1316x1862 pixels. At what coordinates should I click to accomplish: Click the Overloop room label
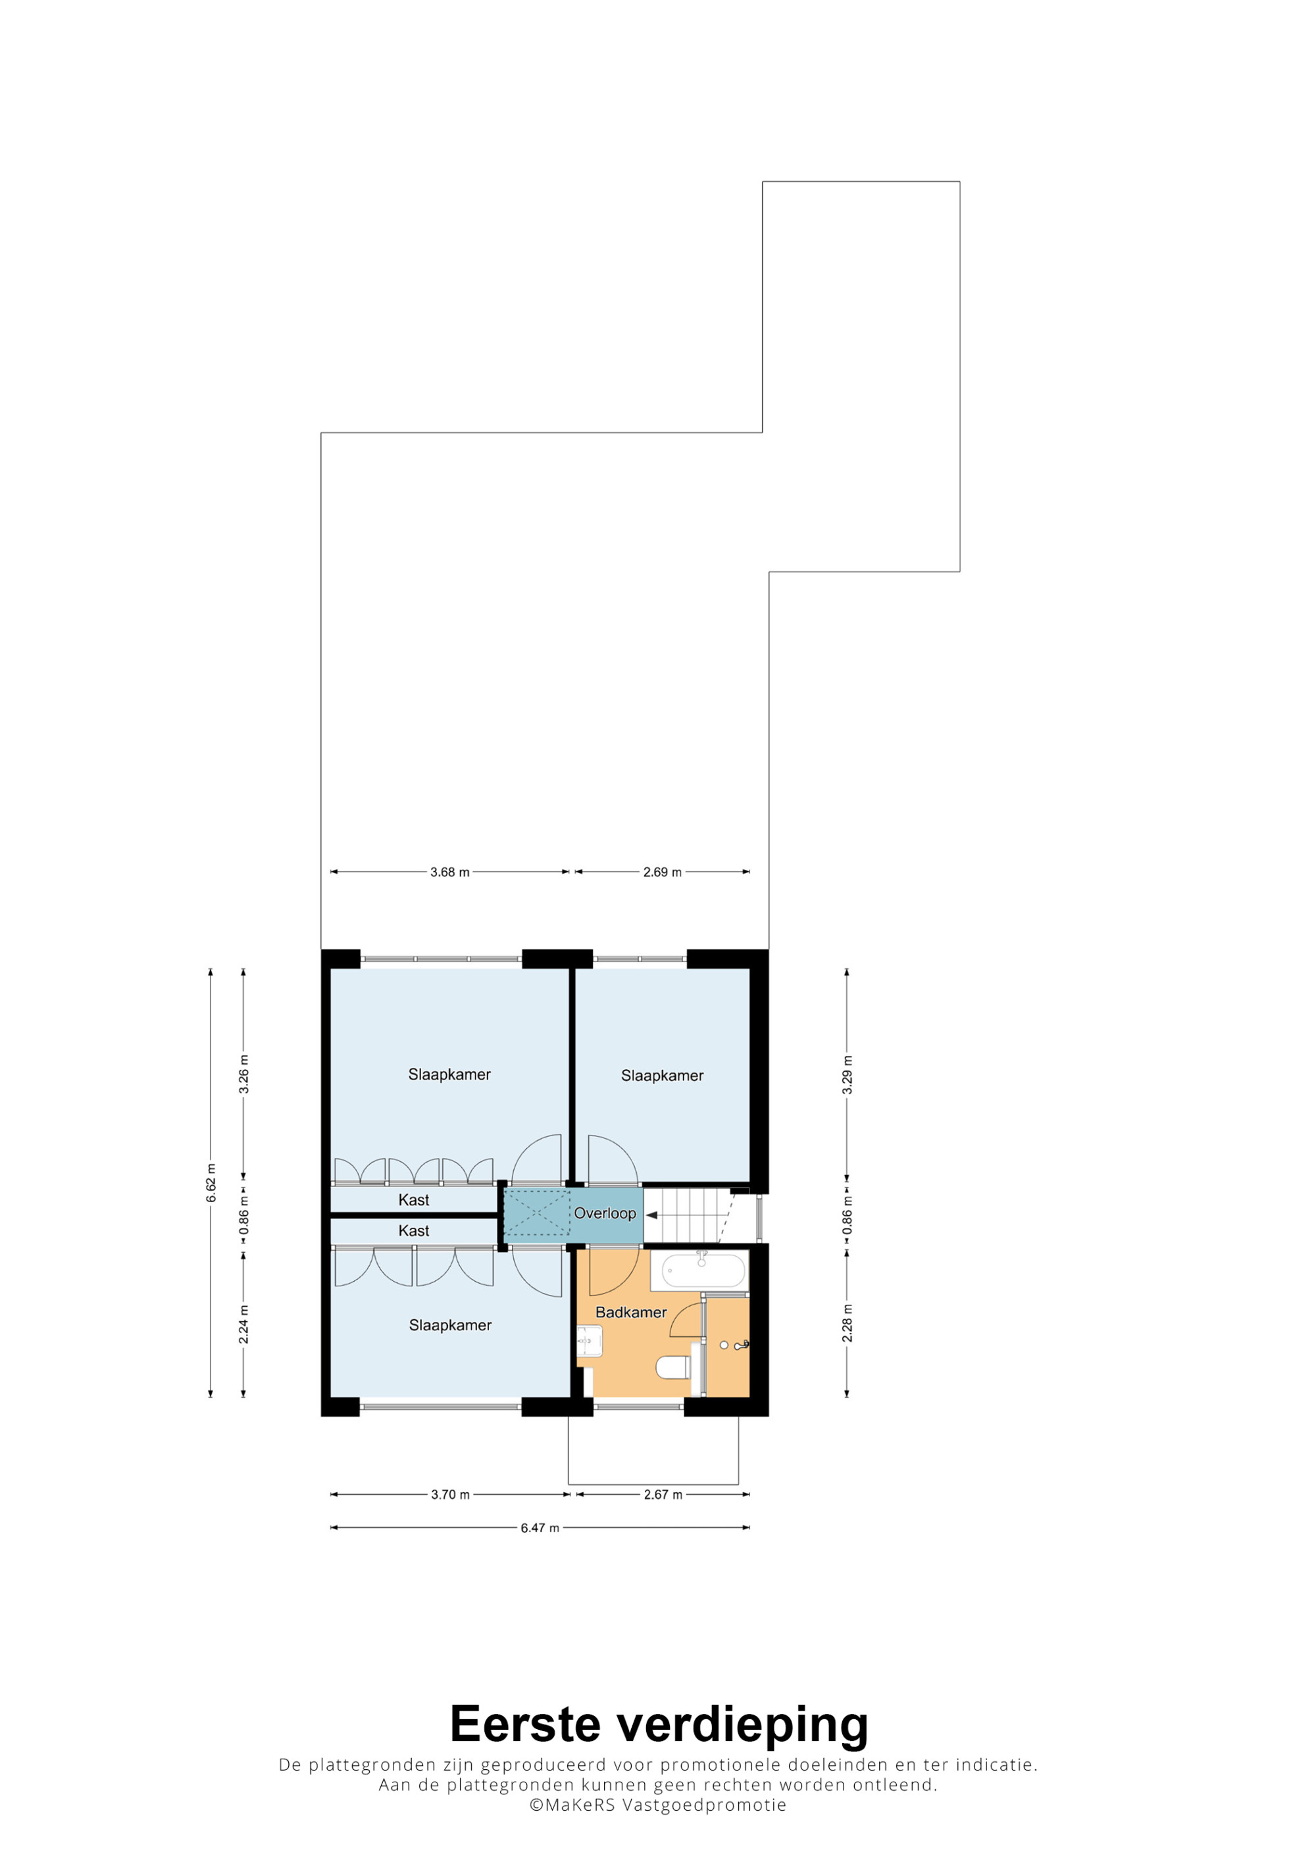(x=605, y=1213)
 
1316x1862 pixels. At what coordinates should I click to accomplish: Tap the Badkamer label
(x=631, y=1312)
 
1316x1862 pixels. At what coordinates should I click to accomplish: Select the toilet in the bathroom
(x=673, y=1367)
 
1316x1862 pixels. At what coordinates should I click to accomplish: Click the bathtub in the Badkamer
(x=703, y=1270)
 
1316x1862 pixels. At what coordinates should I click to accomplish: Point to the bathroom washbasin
(x=590, y=1342)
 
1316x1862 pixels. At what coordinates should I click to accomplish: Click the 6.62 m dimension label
(x=211, y=1183)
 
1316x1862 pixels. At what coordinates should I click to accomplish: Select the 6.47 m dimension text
(x=540, y=1528)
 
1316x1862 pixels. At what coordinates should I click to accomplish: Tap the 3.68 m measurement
(x=450, y=872)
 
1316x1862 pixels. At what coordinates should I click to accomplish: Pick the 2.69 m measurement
(x=663, y=872)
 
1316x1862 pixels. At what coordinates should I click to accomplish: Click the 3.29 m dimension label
(x=848, y=1074)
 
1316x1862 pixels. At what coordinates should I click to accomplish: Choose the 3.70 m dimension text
(x=450, y=1495)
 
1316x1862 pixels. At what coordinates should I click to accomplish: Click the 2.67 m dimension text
(x=663, y=1495)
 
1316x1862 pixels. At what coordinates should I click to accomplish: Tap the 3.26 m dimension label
(x=244, y=1074)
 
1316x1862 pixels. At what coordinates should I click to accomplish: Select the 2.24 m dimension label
(x=244, y=1324)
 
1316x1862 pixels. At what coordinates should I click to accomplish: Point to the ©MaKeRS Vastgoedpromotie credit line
(x=657, y=1805)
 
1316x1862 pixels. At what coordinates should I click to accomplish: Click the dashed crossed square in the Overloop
(x=537, y=1213)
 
